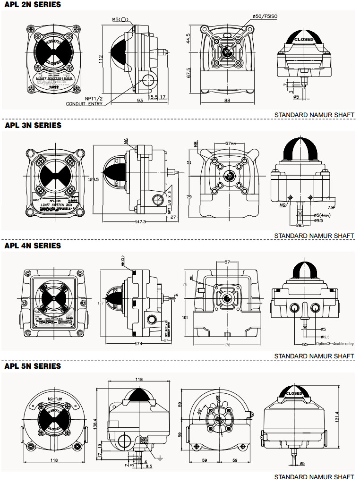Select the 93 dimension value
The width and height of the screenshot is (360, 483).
coord(127,101)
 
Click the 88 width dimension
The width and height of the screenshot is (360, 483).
coord(227,101)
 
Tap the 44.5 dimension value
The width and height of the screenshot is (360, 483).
coord(188,38)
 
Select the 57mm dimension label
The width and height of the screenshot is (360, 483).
coord(231,143)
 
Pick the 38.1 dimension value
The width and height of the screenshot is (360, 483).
coord(299,225)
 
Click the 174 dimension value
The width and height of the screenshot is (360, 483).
coord(138,343)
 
